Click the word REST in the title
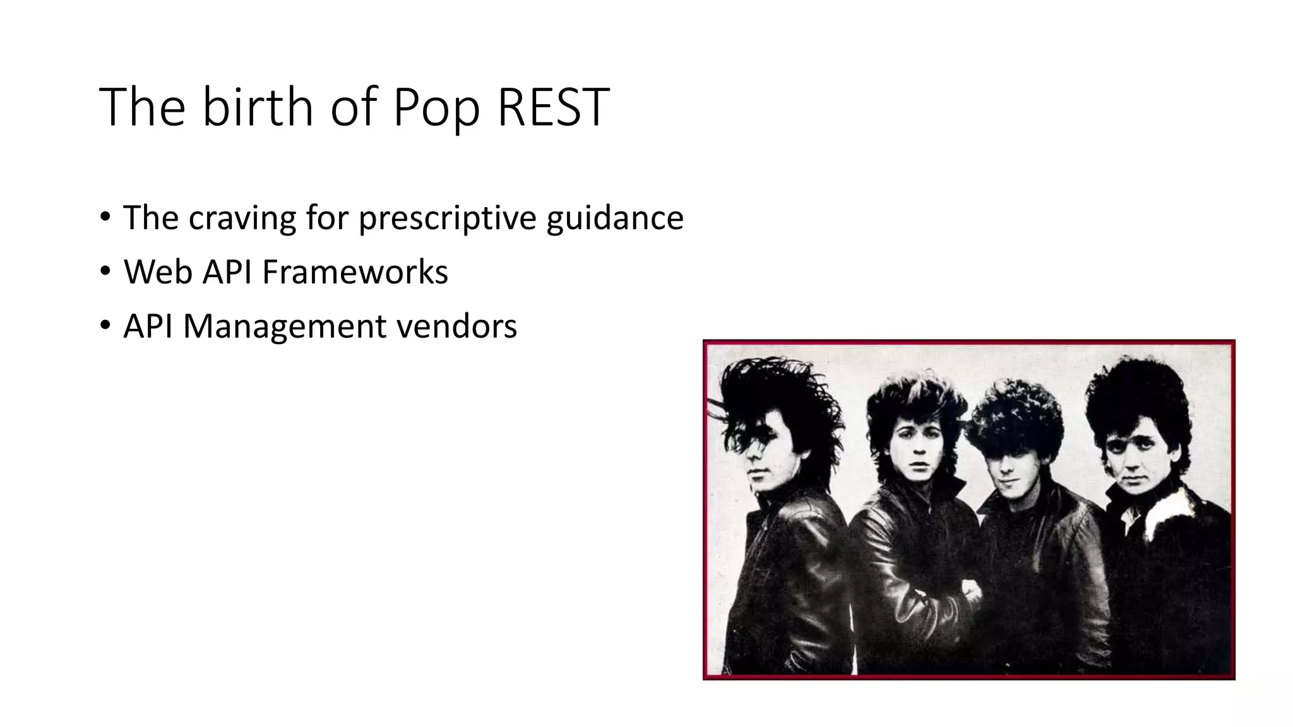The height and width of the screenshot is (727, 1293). coord(553,107)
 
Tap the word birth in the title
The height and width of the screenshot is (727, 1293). coord(257,107)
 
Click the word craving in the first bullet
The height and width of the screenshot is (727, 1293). coord(242,218)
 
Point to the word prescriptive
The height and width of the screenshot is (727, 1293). coord(447,218)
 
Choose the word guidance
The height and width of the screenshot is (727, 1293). coord(614,218)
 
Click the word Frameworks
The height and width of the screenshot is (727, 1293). coord(355,273)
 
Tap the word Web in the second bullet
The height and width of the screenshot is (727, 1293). coord(158,273)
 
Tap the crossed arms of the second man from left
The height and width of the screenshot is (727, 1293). coord(928,593)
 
